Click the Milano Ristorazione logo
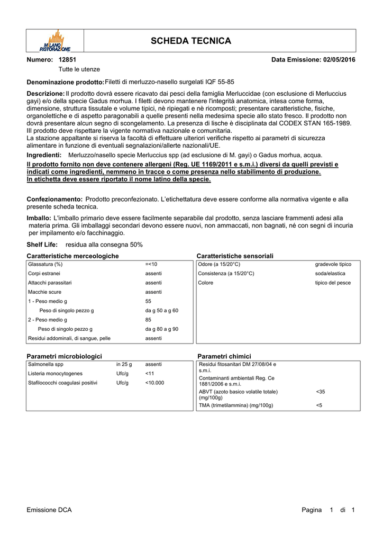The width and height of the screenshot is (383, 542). pos(55,41)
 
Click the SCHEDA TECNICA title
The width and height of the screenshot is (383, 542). pos(191,41)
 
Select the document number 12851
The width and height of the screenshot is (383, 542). pos(67,60)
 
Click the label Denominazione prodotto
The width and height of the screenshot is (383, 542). pos(65,83)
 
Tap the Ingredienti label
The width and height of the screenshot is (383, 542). pos(44,155)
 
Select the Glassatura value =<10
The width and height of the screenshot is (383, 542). pos(151,264)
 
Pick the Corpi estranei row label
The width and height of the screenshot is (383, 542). pos(44,273)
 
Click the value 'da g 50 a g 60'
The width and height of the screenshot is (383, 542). pos(161,310)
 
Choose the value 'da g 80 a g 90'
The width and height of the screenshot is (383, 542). pos(161,329)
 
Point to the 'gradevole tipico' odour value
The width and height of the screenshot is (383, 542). pos(333,264)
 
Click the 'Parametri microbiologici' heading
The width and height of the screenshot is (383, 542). pos(64,356)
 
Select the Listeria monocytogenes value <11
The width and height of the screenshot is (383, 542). pos(150,373)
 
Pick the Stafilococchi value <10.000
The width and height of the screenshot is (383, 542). pos(154,382)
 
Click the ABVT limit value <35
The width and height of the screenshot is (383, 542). pos(321,392)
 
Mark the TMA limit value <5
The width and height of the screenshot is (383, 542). pos(319,405)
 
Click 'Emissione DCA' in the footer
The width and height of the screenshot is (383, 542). pos(49,510)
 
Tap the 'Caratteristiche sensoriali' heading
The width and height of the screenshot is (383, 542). pos(235,256)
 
